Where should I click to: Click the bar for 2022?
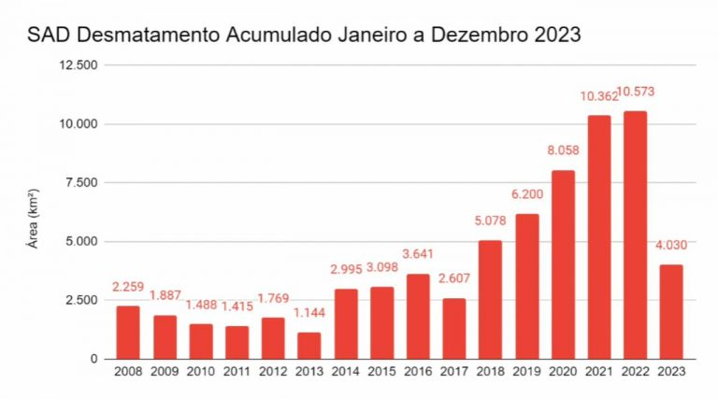[x=636, y=235]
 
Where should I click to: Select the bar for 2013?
[x=309, y=346]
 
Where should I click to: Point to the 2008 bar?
[x=128, y=332]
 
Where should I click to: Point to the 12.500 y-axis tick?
[x=79, y=65]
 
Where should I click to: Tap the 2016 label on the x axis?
[x=418, y=372]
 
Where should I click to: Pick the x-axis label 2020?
[x=563, y=372]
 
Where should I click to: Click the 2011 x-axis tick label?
[x=237, y=372]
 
